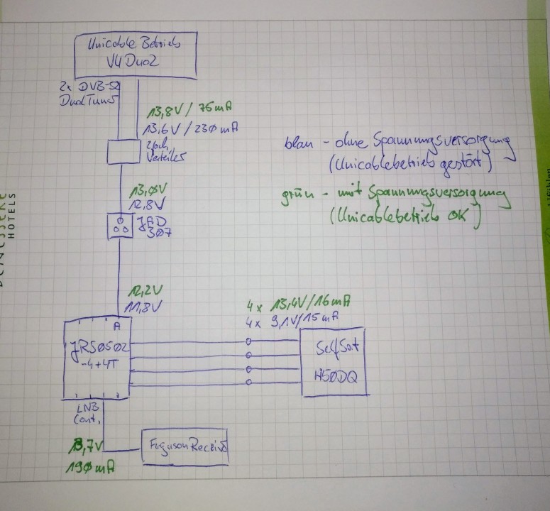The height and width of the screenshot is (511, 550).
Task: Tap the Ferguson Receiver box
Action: pos(187,448)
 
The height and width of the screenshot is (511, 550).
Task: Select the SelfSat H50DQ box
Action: pos(334,363)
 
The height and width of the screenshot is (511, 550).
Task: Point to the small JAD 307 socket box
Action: pos(121,226)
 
